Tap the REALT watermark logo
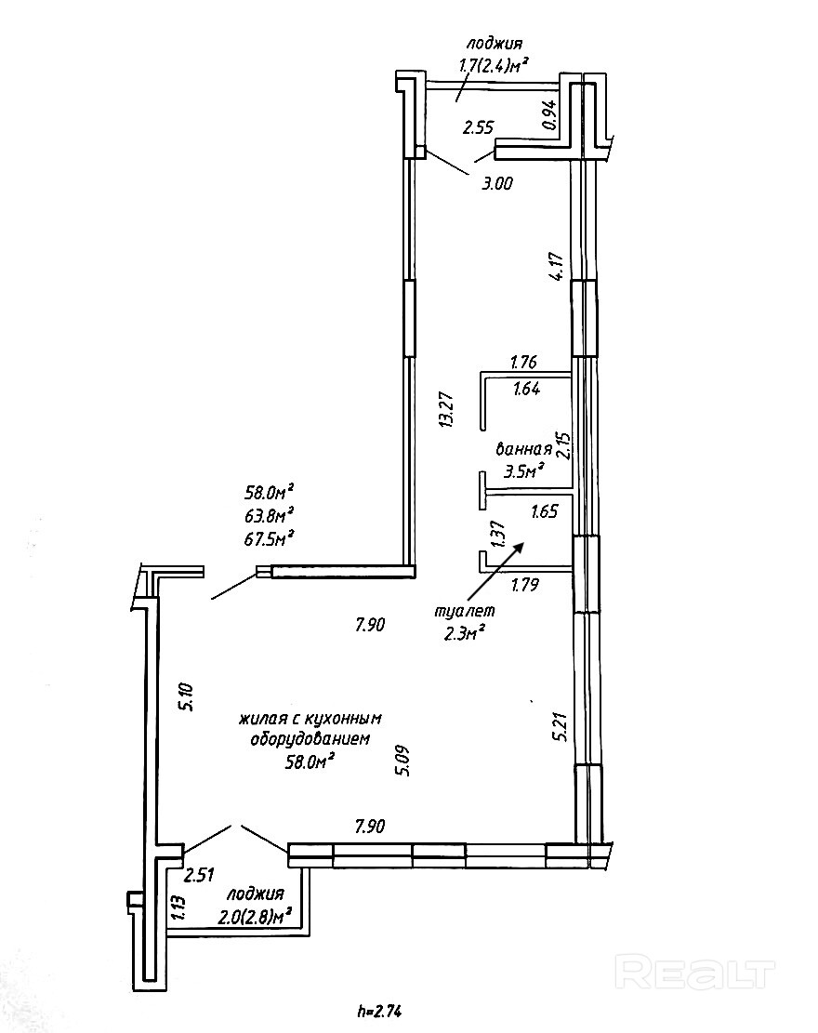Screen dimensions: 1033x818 (x=696, y=973)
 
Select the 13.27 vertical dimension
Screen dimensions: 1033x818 (x=447, y=408)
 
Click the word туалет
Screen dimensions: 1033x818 (x=465, y=611)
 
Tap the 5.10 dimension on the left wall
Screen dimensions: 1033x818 (x=186, y=696)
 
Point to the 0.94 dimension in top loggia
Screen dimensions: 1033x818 (x=548, y=114)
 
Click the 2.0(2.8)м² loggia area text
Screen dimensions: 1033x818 (x=254, y=916)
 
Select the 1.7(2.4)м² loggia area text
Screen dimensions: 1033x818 (x=495, y=65)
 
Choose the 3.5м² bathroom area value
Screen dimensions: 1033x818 (x=523, y=471)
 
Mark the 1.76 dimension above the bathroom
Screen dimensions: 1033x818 (x=526, y=361)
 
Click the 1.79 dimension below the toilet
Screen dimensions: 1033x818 (x=527, y=585)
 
